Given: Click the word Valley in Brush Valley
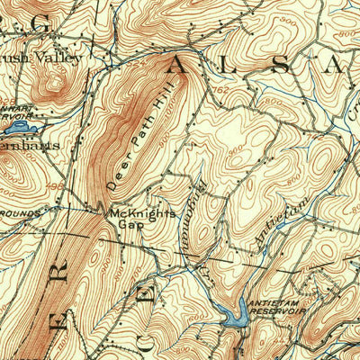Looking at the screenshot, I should [60, 58].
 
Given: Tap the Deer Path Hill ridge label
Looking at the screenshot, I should [140, 134].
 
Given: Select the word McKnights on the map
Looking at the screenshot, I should [140, 213].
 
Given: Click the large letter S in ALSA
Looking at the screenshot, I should [282, 64].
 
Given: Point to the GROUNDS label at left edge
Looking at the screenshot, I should [18, 213].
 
